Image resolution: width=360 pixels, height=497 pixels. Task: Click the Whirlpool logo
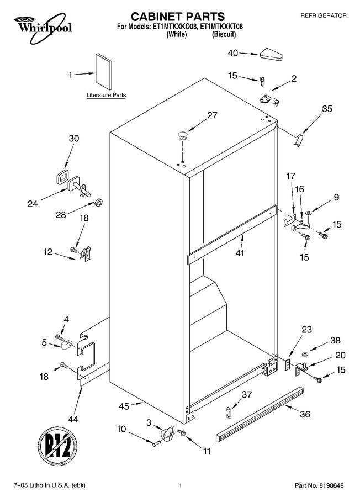coord(43,28)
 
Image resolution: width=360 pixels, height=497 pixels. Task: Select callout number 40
coord(233,53)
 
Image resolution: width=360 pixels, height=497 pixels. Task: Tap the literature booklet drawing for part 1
coord(103,72)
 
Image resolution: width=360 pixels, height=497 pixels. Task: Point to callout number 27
coord(213,115)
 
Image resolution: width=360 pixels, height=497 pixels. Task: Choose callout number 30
coord(74,139)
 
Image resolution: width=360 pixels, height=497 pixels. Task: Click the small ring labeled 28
coord(99,202)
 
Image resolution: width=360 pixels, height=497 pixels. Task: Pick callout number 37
coord(247,394)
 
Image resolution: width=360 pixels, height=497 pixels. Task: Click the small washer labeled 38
coord(305,353)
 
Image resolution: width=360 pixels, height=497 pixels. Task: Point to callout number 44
coord(73,419)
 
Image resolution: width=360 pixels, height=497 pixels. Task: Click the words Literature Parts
coord(106,95)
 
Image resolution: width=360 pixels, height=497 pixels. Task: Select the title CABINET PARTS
coord(178,16)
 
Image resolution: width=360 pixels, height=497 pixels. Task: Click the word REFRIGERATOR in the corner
coord(323,15)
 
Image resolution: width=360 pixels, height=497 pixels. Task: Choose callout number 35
coord(327,109)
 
